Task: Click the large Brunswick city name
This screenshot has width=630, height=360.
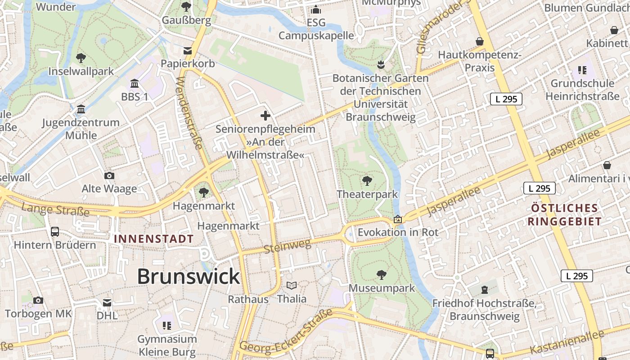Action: [x=188, y=276]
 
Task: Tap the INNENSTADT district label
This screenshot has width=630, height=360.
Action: [x=154, y=239]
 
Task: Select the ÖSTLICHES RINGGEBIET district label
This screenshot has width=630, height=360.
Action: [x=565, y=215]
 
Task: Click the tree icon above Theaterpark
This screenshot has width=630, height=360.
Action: [x=367, y=181]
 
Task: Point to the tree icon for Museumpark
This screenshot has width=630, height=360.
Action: [x=382, y=274]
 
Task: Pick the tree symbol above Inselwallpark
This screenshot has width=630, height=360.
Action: [x=81, y=58]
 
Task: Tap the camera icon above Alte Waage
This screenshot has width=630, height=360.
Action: [x=109, y=175]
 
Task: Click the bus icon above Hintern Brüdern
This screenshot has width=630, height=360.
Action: [x=55, y=232]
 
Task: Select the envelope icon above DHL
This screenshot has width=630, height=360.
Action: [x=107, y=303]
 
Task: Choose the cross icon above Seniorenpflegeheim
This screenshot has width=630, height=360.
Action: [x=265, y=116]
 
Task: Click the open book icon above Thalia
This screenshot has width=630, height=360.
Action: [x=292, y=285]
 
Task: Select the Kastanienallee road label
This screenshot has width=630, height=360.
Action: [x=567, y=342]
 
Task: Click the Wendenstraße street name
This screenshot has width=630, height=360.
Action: [x=189, y=113]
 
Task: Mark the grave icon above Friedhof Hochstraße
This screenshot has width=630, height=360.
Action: [x=484, y=290]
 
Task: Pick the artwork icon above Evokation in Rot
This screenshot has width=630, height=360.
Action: [x=398, y=220]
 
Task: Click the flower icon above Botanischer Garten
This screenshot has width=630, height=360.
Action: [x=381, y=64]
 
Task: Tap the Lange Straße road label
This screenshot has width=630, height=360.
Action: [x=55, y=209]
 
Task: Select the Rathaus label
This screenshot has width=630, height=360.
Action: [x=248, y=299]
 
